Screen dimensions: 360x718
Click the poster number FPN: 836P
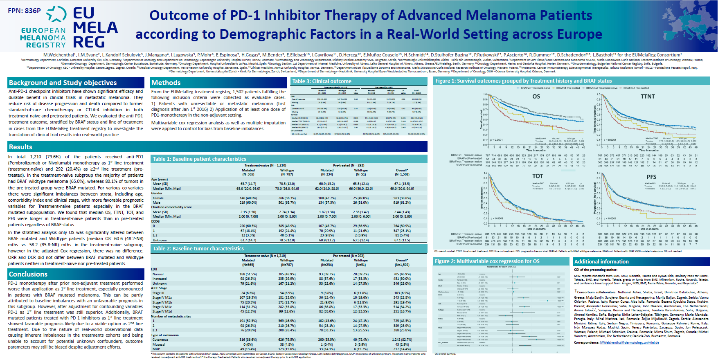click(x=25, y=11)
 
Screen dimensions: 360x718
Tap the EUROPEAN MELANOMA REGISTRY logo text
click(x=43, y=38)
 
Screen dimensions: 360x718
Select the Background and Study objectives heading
click(x=63, y=83)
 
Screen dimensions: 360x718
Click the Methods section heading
click(x=166, y=83)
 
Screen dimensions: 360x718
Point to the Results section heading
click(x=20, y=147)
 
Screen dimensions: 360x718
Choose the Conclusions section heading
click(x=28, y=274)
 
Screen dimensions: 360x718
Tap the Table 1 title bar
click(x=200, y=159)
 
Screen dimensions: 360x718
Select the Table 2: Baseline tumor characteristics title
click(x=198, y=248)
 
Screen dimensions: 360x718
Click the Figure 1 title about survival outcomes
click(x=523, y=81)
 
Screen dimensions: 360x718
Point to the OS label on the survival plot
click(x=536, y=97)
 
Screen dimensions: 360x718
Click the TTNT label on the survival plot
click(x=648, y=97)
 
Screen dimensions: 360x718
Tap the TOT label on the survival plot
click(x=538, y=176)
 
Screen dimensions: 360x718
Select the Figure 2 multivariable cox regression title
click(x=487, y=261)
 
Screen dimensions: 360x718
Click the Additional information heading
click(x=601, y=261)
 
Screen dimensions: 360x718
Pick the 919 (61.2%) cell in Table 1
click(x=402, y=202)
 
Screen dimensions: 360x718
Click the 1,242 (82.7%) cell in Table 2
click(x=402, y=340)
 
